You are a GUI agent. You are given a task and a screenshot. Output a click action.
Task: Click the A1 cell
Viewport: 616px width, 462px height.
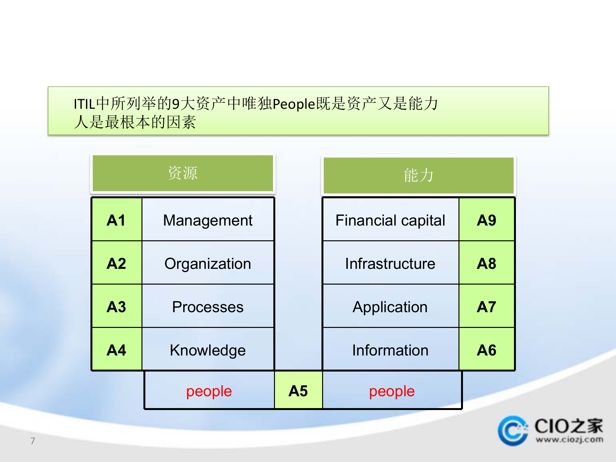click(x=116, y=220)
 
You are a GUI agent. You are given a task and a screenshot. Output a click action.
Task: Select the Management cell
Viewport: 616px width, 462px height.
click(x=208, y=220)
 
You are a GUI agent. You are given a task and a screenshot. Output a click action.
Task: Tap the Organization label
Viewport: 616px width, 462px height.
click(x=208, y=263)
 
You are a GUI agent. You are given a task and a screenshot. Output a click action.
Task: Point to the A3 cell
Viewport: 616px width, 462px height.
click(x=116, y=307)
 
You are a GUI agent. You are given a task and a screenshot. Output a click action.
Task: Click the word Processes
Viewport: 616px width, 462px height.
click(x=208, y=307)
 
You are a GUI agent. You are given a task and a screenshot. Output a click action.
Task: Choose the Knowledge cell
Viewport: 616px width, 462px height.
click(x=208, y=350)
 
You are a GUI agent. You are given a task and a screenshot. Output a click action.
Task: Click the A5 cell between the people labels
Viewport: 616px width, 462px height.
click(x=298, y=391)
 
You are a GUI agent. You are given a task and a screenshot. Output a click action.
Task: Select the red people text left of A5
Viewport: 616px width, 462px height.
click(x=209, y=391)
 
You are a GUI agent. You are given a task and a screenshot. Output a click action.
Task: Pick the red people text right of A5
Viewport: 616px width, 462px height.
click(x=392, y=391)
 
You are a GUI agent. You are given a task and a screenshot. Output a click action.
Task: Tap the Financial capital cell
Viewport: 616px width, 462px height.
click(x=390, y=220)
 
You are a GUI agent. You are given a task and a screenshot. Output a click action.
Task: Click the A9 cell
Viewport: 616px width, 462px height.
click(x=486, y=220)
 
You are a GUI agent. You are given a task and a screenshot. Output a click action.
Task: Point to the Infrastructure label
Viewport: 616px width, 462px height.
click(x=390, y=263)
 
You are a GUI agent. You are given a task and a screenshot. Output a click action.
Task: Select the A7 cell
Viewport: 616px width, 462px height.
click(x=486, y=307)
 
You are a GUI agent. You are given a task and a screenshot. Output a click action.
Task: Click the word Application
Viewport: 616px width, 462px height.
click(x=390, y=307)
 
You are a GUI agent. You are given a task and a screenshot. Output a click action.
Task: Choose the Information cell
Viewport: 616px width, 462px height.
click(x=390, y=350)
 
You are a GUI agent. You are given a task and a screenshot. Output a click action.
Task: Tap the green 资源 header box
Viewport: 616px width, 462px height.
click(x=183, y=173)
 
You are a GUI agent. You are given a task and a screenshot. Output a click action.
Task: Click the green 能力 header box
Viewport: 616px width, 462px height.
click(x=418, y=175)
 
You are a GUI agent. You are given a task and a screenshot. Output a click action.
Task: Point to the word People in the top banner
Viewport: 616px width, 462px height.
click(x=294, y=104)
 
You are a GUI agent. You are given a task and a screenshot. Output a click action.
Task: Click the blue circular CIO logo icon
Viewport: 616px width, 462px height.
click(x=513, y=431)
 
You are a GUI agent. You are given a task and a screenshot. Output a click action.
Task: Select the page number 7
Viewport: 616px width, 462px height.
click(x=33, y=441)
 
